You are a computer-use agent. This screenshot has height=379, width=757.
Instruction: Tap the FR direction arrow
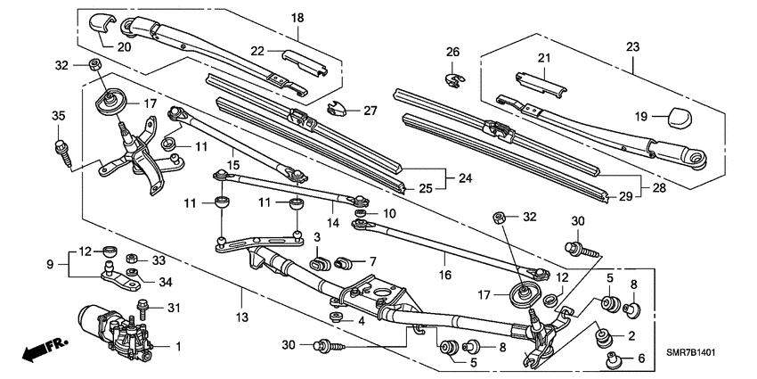point(41,350)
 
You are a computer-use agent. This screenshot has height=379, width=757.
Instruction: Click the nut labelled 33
point(132,260)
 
